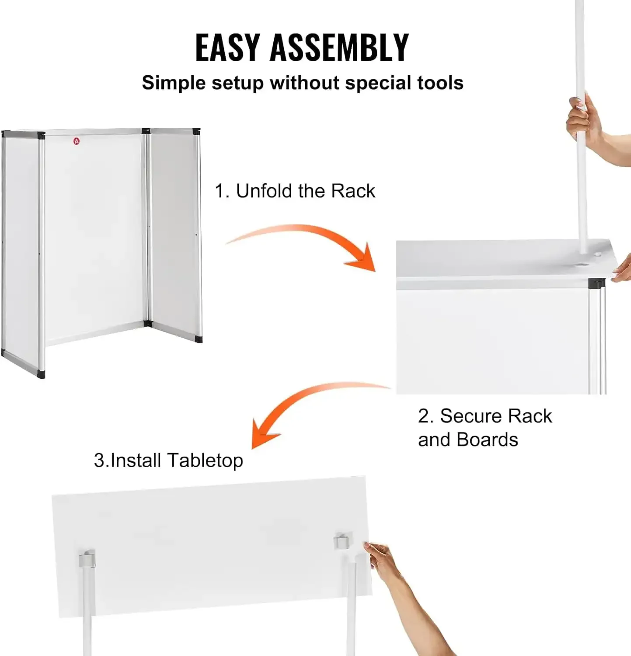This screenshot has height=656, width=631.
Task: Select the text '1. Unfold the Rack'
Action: [295, 191]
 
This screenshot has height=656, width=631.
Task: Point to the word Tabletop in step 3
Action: [205, 461]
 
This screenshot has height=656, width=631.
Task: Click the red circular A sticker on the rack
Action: [77, 141]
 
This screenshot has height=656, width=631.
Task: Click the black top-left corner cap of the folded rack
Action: [41, 135]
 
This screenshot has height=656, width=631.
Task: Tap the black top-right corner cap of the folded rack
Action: [196, 131]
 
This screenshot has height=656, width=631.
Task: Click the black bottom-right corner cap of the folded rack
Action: [199, 339]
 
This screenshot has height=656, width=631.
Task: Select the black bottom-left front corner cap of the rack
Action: [41, 374]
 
